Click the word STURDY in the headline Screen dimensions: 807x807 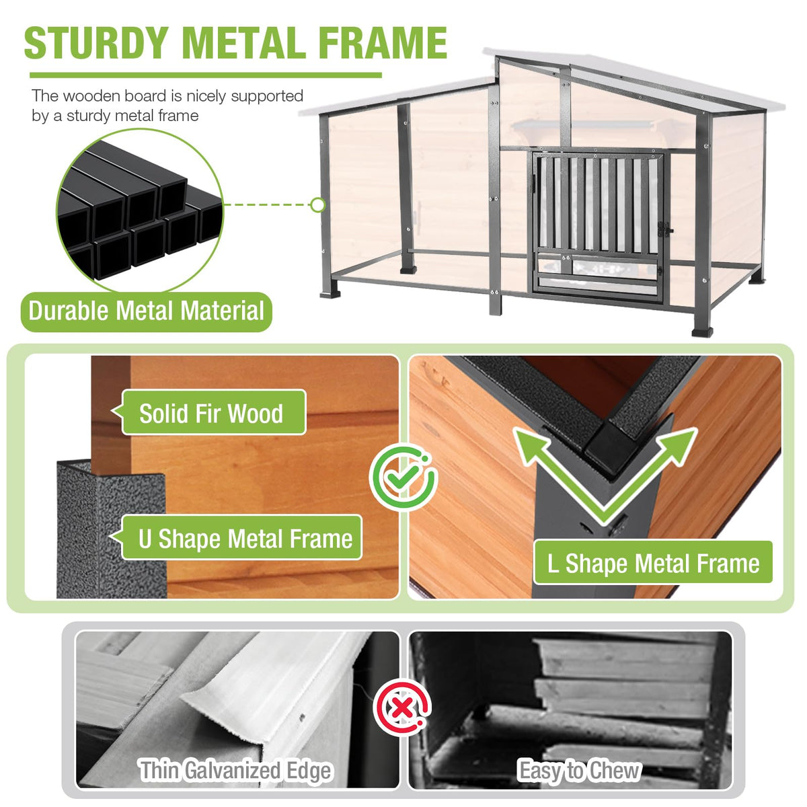click(x=97, y=43)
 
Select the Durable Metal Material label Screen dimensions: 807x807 click(x=146, y=311)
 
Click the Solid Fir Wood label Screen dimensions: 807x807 click(x=214, y=413)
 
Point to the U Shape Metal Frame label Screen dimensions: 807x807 click(x=241, y=538)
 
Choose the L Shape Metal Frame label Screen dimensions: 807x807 click(x=653, y=563)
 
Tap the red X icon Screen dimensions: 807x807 click(x=403, y=707)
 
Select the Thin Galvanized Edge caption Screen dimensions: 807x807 click(x=236, y=770)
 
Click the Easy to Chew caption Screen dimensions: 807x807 click(x=580, y=770)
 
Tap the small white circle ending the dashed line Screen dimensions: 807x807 click(x=318, y=205)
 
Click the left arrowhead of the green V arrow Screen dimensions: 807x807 click(x=529, y=445)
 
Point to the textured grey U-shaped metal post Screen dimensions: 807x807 click(x=111, y=529)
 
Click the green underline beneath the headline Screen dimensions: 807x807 click(x=206, y=75)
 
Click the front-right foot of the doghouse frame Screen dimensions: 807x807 click(x=702, y=332)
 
